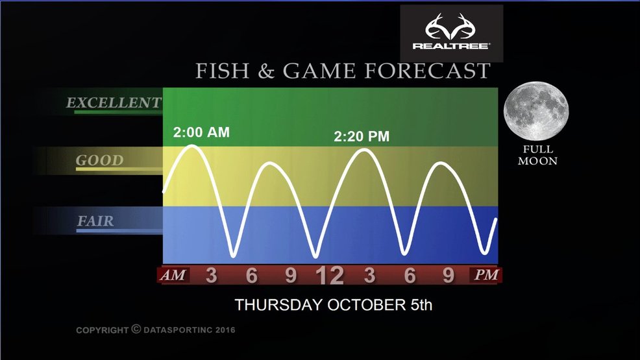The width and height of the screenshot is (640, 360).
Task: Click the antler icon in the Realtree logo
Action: tap(451, 26)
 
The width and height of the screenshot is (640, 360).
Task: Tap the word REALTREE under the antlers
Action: tap(451, 45)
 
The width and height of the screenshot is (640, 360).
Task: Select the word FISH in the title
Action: tap(223, 71)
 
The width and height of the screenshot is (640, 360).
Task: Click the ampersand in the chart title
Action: tap(265, 71)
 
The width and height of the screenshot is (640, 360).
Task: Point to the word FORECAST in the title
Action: tap(427, 71)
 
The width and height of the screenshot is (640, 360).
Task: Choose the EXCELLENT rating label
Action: tap(114, 102)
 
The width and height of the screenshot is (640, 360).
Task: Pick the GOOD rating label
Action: tap(99, 160)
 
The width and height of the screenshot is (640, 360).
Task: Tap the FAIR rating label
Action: tap(95, 221)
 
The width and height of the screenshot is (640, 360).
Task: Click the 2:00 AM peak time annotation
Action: tap(201, 132)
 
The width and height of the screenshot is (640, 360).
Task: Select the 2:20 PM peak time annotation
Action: tap(362, 136)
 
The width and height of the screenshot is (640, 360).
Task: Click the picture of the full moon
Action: tap(536, 111)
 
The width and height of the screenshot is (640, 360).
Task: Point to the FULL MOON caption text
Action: tap(537, 155)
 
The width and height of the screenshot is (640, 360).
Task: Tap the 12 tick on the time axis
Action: tap(330, 276)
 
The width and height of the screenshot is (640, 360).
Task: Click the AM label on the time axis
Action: tap(173, 275)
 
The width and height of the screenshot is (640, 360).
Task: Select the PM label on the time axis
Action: tap(486, 275)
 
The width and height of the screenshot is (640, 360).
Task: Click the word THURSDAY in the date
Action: tap(278, 305)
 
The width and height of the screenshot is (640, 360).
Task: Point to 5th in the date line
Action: tap(421, 305)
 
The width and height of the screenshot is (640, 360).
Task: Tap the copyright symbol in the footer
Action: tap(136, 329)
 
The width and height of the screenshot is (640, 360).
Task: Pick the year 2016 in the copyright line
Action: tap(225, 330)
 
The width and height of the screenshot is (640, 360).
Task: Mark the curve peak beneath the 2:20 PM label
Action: tap(365, 150)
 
